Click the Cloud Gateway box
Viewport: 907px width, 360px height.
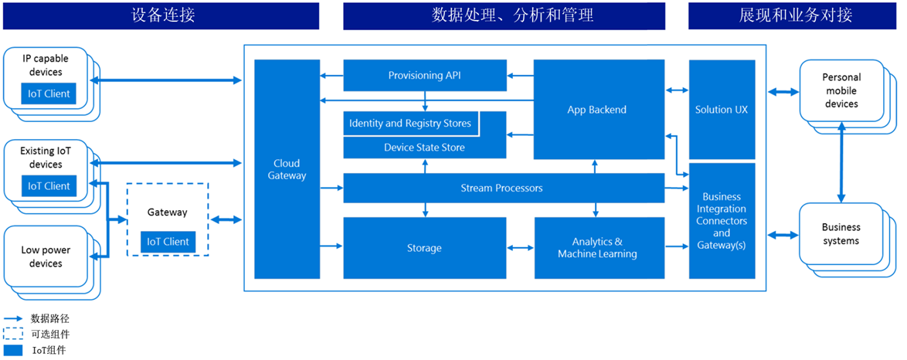click(287, 169)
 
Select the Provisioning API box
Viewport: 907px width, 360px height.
click(424, 75)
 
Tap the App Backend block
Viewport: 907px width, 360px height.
click(596, 110)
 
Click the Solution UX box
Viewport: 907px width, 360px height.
click(722, 110)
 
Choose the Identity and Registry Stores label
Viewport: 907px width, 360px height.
click(409, 124)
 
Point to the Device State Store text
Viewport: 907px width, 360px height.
click(424, 148)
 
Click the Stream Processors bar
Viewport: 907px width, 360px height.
click(502, 188)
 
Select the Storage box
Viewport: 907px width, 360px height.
click(424, 248)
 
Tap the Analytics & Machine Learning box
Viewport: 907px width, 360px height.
click(598, 248)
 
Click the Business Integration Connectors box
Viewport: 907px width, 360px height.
click(722, 220)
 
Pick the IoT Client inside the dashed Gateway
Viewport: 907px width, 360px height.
click(168, 242)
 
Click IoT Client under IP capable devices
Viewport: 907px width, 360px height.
click(49, 94)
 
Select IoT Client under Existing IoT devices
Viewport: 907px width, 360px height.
click(49, 186)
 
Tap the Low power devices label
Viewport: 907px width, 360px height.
click(46, 257)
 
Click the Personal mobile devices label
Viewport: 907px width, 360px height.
click(841, 90)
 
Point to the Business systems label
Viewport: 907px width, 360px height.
click(841, 234)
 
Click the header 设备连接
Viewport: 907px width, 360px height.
click(161, 15)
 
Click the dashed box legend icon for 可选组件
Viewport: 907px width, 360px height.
click(13, 335)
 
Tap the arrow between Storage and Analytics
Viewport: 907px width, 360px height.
click(520, 248)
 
